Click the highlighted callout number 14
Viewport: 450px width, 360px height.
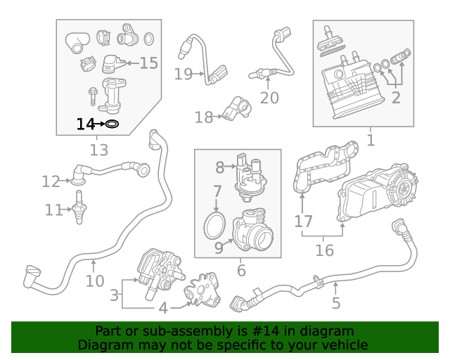(x=84, y=124)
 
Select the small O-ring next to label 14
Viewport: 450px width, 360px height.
(x=111, y=124)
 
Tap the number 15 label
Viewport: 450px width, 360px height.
(x=148, y=63)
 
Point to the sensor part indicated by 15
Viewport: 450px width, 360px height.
(x=112, y=63)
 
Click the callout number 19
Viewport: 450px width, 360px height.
(x=183, y=74)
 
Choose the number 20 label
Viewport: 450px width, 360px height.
(x=269, y=98)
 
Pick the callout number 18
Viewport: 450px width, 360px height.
(x=203, y=117)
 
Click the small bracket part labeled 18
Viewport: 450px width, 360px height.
(x=235, y=108)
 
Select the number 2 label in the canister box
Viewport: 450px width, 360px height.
(x=396, y=98)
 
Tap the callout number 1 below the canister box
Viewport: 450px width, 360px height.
(x=371, y=140)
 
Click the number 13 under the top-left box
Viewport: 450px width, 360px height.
(x=99, y=150)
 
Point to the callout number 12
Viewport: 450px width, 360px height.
(x=51, y=182)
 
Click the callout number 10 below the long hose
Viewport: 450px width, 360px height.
(x=95, y=281)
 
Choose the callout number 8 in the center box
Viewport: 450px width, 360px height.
(x=219, y=167)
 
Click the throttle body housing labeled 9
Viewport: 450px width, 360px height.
(x=253, y=233)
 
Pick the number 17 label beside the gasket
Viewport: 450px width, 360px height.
(x=303, y=221)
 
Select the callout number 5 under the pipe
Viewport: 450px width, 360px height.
(x=336, y=303)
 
